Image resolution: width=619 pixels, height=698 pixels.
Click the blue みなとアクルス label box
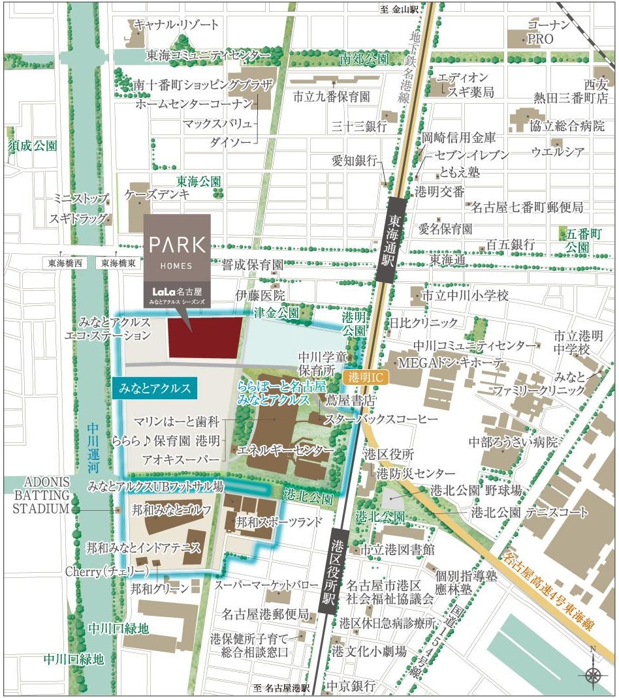coord(155,389)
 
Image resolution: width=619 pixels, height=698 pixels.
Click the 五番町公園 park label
coord(577,240)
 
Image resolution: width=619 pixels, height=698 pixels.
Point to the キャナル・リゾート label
coord(176,25)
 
